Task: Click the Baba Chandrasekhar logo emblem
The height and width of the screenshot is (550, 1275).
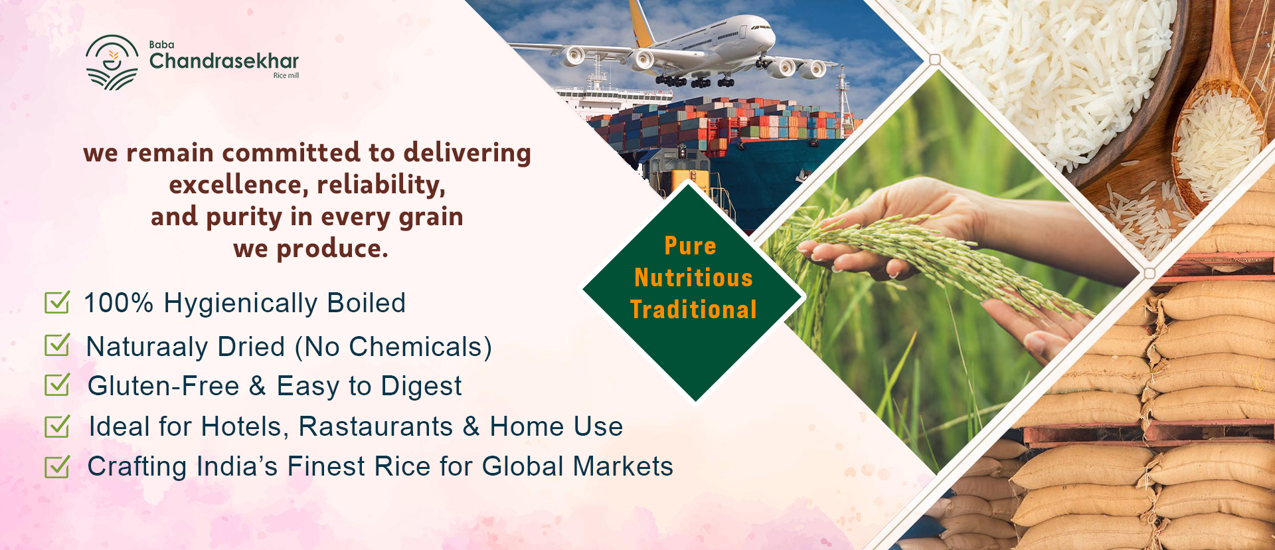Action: tap(112, 62)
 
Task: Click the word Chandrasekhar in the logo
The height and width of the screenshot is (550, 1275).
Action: tap(224, 61)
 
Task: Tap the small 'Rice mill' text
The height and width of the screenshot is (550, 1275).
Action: tap(286, 76)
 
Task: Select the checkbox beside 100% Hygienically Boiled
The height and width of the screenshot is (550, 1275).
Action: tap(57, 302)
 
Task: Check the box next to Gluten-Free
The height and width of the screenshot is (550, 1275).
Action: tap(57, 385)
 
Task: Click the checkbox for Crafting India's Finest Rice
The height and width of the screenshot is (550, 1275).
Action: tap(57, 466)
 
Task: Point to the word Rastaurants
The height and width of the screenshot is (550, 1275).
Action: tap(376, 426)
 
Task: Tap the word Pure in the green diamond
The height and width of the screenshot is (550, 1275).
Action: tap(691, 246)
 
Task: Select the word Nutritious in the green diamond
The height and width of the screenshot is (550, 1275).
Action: tap(693, 278)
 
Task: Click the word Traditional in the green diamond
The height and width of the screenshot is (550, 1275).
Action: tap(693, 310)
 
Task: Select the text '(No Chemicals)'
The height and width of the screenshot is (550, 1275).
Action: tap(394, 347)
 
